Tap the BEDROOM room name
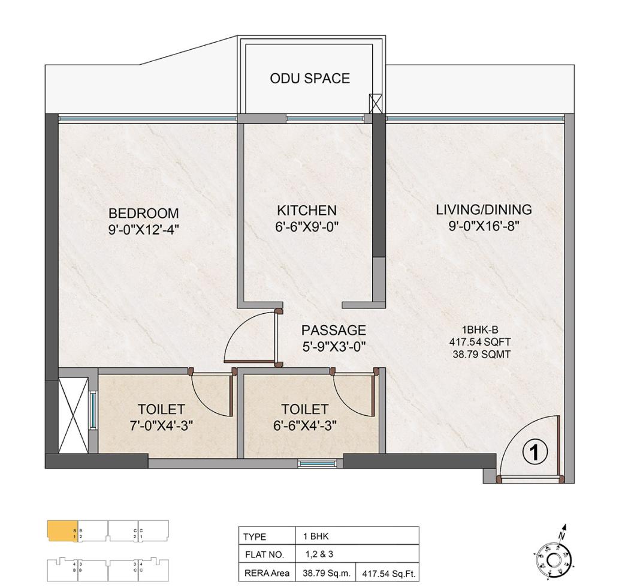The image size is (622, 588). tap(143, 213)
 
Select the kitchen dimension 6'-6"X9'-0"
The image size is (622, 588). tap(307, 227)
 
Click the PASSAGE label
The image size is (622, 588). tap(333, 330)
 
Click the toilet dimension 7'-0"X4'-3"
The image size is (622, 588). tap(161, 425)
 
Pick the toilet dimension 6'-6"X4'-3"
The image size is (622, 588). tap(305, 425)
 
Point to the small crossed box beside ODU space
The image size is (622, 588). tap(376, 103)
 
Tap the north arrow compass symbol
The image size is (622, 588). tap(555, 558)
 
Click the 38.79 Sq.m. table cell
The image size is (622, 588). tap(327, 574)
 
